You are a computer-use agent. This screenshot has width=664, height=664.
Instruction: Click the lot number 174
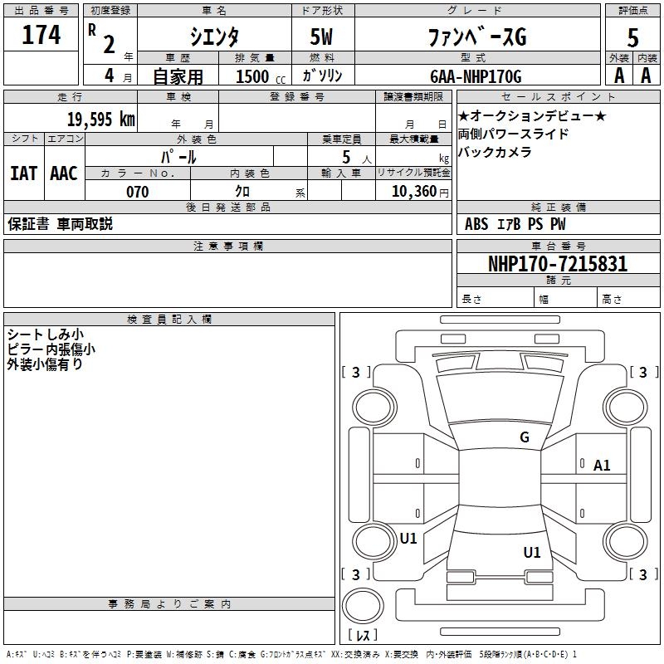pyautogui.click(x=41, y=36)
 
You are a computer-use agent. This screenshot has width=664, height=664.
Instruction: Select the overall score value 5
pyautogui.click(x=633, y=37)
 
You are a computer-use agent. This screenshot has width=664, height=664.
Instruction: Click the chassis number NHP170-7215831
pyautogui.click(x=558, y=264)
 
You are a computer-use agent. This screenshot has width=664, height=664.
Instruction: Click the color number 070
pyautogui.click(x=137, y=192)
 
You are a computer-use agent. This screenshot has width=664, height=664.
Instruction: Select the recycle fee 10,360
pyautogui.click(x=413, y=192)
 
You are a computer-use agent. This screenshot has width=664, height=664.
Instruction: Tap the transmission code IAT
pyautogui.click(x=23, y=173)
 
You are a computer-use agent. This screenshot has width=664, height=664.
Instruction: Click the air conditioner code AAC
pyautogui.click(x=63, y=173)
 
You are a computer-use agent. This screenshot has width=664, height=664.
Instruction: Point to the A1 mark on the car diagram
pyautogui.click(x=602, y=466)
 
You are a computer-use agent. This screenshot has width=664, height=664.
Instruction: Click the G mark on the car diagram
pyautogui.click(x=525, y=437)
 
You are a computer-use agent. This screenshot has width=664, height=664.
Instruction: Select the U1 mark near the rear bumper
pyautogui.click(x=531, y=552)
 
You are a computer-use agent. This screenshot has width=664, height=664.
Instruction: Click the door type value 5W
pyautogui.click(x=323, y=37)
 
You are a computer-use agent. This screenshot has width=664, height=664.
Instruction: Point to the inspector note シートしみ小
pyautogui.click(x=43, y=334)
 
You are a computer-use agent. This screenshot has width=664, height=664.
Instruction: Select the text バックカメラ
pyautogui.click(x=495, y=152)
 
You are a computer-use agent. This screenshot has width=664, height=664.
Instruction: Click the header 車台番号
pyautogui.click(x=558, y=247)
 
